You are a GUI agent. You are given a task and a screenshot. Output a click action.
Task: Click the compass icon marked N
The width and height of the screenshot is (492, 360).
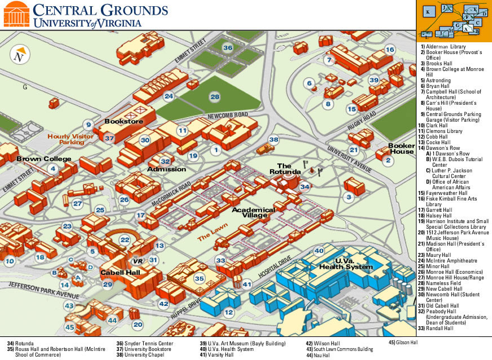coord(20,56)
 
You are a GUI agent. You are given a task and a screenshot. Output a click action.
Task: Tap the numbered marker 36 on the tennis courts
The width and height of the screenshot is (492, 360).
coord(227,48)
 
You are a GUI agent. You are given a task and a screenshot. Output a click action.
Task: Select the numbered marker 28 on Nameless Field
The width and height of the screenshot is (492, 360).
coord(215,97)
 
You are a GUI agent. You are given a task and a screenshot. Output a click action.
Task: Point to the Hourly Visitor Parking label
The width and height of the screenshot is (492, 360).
coord(70,139)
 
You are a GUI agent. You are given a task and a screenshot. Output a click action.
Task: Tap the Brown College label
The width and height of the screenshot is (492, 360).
coord(43,159)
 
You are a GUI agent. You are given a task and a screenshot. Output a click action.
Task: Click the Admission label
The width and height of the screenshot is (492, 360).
coord(166,169)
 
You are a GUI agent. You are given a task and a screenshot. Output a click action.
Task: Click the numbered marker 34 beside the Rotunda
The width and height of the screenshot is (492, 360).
coord(304,186)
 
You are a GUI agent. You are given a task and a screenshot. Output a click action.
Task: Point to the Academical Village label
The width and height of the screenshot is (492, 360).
coord(253,213)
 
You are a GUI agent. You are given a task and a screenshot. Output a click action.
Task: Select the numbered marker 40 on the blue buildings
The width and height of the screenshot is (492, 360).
coord(319,251)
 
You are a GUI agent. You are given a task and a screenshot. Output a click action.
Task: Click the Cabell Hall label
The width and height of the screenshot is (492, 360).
coord(120,273)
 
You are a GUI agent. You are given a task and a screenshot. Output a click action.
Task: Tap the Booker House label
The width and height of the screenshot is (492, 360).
coord(401,148)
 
